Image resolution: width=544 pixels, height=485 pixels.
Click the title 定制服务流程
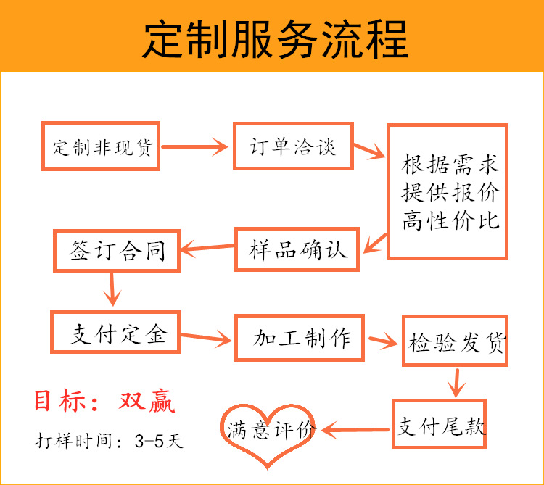(x=275, y=38)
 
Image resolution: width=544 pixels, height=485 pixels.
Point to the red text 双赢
(x=147, y=401)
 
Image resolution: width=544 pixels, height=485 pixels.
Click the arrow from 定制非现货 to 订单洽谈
(x=194, y=146)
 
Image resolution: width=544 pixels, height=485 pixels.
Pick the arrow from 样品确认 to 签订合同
(x=207, y=247)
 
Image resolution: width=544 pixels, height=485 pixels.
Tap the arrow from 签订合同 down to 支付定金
(x=112, y=289)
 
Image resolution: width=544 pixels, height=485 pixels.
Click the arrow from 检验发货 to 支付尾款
(x=456, y=383)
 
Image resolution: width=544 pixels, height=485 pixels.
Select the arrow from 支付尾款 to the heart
(x=355, y=430)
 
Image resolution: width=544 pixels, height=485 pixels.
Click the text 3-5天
(x=159, y=442)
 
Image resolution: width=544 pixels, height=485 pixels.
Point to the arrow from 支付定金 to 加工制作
(x=206, y=337)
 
